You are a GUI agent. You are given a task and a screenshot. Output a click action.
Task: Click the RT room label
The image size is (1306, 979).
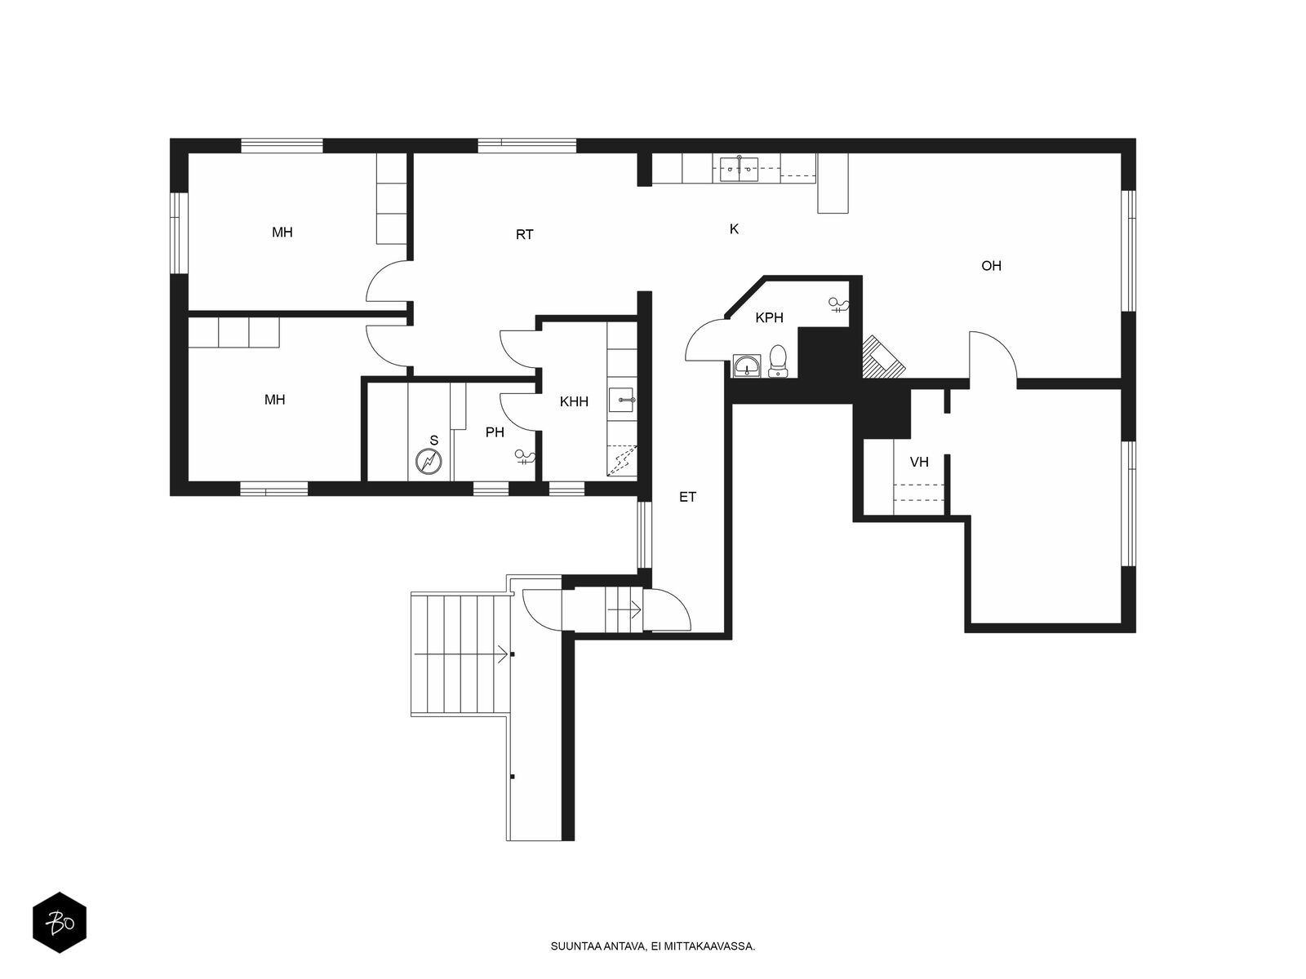point(524,235)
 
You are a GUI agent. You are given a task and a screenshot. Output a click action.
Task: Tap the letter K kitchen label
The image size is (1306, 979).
point(734,229)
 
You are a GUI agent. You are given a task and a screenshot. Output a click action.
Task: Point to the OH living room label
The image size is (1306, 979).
point(991,266)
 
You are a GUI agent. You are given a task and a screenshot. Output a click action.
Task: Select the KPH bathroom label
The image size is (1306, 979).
point(770,318)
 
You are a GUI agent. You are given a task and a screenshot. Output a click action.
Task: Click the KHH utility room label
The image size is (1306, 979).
point(574,402)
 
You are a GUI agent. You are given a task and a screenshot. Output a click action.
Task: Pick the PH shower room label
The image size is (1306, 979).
point(495,432)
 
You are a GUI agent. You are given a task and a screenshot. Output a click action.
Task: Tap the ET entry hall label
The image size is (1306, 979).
point(688,497)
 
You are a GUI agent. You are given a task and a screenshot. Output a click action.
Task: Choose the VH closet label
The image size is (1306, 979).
point(919,462)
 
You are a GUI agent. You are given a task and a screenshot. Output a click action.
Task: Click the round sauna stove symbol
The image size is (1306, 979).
point(429,462)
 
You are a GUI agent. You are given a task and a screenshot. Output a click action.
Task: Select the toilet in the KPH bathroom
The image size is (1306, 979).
point(778,361)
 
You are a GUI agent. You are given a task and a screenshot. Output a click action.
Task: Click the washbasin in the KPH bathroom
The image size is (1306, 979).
point(747,365)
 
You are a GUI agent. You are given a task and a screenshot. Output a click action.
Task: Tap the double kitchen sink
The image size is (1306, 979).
point(739,169)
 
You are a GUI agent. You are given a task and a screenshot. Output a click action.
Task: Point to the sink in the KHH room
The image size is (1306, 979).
point(621,400)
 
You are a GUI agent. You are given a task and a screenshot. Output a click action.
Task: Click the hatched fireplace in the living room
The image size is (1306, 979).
point(883,358)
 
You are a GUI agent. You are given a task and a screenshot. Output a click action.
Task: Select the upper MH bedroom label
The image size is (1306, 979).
point(282,233)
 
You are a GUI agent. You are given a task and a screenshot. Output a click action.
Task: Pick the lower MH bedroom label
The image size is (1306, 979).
point(275,400)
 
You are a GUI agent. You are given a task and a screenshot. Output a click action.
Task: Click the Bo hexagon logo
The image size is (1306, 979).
point(60,923)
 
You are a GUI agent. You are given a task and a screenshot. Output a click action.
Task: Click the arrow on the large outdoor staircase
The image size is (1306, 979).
point(461,654)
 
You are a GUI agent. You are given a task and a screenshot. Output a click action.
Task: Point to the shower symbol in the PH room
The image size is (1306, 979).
point(525,457)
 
